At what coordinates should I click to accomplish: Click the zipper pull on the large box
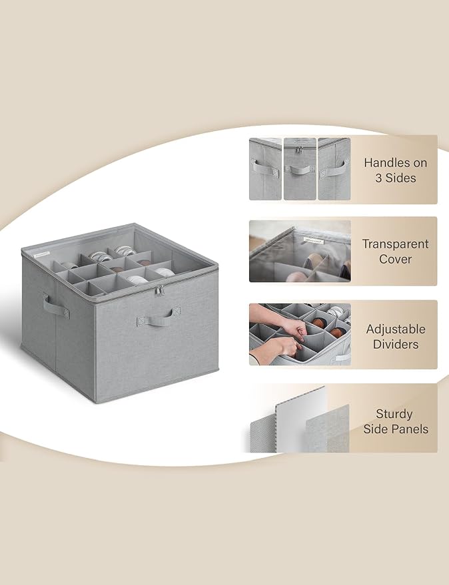point(159,291)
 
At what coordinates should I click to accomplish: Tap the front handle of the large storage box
point(159,317)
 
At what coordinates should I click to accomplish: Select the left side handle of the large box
point(56,306)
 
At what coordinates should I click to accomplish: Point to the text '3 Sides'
point(396,178)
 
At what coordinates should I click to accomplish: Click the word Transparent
point(396,244)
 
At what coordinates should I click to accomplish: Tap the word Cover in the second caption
point(395,260)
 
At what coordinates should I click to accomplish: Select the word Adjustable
point(396,329)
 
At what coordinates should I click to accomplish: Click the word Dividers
point(396,344)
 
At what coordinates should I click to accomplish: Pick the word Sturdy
point(394,415)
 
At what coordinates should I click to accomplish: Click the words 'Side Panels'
point(396,429)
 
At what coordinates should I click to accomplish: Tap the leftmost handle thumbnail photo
point(265,169)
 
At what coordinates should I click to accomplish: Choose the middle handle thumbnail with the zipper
point(300,169)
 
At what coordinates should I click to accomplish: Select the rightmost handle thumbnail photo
point(334,169)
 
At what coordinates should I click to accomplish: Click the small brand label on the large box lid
point(41,255)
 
